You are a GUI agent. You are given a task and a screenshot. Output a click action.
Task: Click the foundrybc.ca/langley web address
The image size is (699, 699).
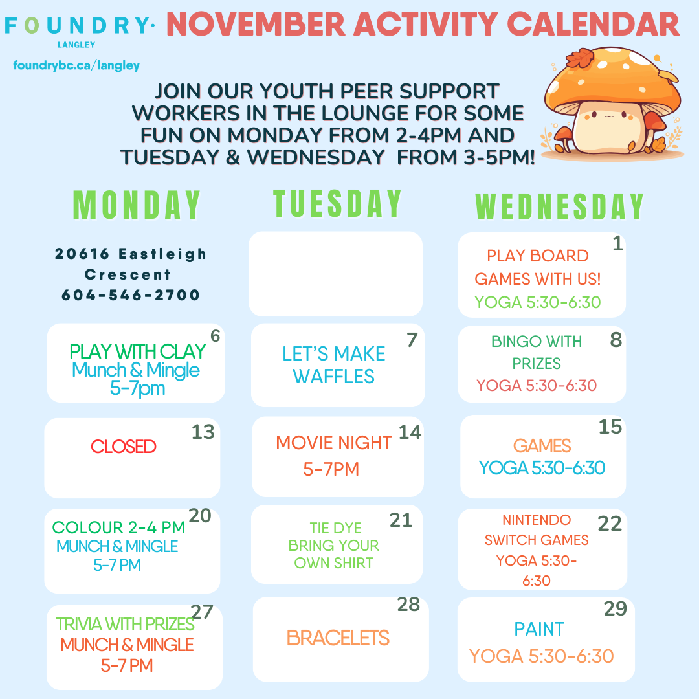76,65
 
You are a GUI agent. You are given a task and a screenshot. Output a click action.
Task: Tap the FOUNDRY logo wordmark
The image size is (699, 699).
80,26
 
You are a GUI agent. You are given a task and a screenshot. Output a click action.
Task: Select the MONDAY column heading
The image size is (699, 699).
137,205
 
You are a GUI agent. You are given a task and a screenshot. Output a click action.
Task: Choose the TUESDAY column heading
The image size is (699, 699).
337,203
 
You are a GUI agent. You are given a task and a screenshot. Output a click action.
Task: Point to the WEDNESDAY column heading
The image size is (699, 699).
559,206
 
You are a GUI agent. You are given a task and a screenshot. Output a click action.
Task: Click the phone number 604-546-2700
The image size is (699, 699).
131,294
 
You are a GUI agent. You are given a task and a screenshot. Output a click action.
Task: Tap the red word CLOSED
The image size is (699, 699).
124,446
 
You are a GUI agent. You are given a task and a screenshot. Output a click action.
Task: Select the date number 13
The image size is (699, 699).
203,432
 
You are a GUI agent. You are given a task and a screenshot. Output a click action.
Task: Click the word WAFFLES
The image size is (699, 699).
333,376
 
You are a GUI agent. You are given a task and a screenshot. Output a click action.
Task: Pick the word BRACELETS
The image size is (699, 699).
338,638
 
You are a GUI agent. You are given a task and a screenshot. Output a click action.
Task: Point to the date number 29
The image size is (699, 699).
616,608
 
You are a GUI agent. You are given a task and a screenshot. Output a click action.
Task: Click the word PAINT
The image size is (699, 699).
539,629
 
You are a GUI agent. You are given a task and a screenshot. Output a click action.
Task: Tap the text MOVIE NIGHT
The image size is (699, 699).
333,443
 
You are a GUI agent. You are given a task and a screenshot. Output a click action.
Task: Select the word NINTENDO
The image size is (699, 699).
537,520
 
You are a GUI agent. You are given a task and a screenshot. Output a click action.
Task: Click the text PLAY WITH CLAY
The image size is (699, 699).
137,351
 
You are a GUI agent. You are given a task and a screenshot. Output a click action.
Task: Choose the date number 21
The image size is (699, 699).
401,520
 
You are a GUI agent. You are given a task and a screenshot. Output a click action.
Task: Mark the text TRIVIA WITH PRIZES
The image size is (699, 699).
125,624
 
